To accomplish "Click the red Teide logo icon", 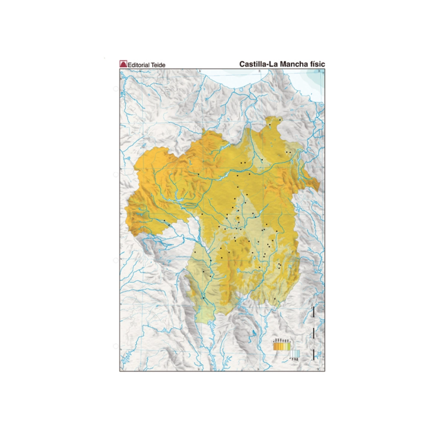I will [123, 64].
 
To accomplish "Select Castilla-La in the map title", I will [258, 64].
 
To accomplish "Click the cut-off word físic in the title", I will [316, 64].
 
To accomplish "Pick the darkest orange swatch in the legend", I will [275, 346].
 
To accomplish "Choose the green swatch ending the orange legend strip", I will [289, 346].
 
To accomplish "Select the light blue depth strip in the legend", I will [297, 354].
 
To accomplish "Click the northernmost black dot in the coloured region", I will [270, 125].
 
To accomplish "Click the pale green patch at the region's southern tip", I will [206, 313].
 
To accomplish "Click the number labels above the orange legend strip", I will [282, 340].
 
